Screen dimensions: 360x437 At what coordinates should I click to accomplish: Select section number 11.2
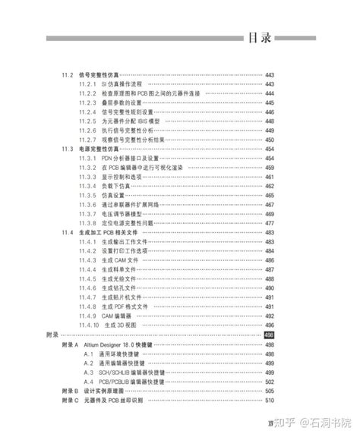pos(68,75)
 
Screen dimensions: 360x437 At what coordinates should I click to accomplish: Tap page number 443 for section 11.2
pos(270,75)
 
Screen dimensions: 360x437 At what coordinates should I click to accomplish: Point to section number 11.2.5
pos(88,121)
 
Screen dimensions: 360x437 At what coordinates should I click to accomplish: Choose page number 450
pos(270,140)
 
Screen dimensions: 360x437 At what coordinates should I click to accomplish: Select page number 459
pos(270,168)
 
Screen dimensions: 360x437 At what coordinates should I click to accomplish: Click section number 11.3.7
pos(88,214)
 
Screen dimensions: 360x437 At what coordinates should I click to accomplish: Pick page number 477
pos(270,223)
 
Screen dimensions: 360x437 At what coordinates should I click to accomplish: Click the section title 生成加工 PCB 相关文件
pos(108,232)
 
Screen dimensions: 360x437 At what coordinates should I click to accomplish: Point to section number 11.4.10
pos(90,325)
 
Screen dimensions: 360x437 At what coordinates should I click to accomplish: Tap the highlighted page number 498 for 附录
pos(269,335)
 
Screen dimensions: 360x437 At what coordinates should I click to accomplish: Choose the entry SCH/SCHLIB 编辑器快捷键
pos(140,372)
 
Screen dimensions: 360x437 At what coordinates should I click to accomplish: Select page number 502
pos(270,381)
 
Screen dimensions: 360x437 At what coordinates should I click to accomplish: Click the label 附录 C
pos(69,399)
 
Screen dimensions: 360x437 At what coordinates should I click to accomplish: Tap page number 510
pos(270,399)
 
